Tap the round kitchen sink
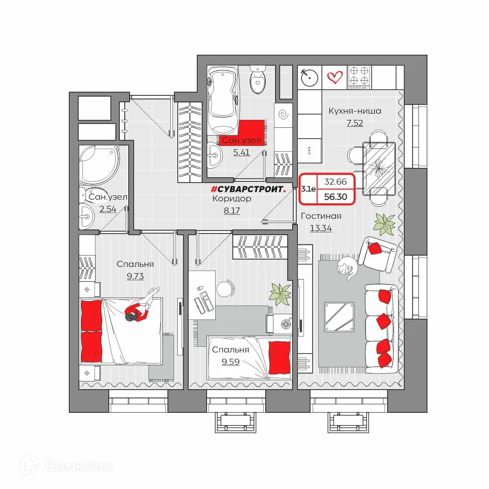point(310,78)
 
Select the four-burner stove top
point(359,77)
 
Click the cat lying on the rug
point(347,269)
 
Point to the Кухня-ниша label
point(355,111)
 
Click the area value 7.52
point(355,123)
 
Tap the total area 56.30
point(335,197)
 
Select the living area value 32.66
point(335,182)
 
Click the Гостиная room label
point(321,216)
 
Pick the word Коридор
point(232,198)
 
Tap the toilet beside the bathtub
point(258,79)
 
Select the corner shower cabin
point(99,165)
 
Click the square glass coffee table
point(339,317)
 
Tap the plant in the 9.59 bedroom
point(281,294)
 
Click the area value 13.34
point(321,228)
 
